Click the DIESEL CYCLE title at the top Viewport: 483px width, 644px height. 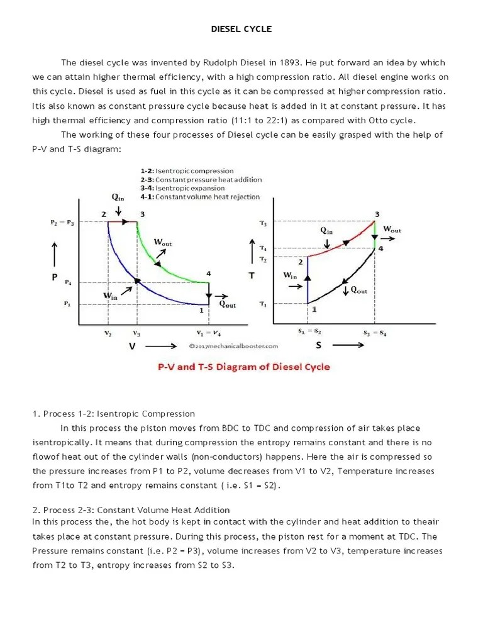point(241,29)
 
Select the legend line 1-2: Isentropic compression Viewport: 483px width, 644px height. point(187,171)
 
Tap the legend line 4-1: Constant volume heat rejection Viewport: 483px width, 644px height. point(200,197)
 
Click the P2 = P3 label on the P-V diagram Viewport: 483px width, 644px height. point(62,223)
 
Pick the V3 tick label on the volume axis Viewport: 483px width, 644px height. point(137,333)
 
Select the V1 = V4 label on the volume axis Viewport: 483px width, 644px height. point(209,333)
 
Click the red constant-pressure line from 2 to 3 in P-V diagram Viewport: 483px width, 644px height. point(122,222)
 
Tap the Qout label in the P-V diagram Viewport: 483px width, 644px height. point(227,304)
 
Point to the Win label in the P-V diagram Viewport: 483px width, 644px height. point(111,296)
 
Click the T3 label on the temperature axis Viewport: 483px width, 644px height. point(263,223)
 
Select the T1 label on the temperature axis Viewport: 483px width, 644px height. point(263,304)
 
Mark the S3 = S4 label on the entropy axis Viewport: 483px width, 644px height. point(375,331)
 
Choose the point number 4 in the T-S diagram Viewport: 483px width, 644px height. point(380,248)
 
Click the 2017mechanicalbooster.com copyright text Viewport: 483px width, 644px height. point(233,345)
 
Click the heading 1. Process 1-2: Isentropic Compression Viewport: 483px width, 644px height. point(114,414)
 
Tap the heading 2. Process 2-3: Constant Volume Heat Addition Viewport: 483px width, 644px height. point(131,510)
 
